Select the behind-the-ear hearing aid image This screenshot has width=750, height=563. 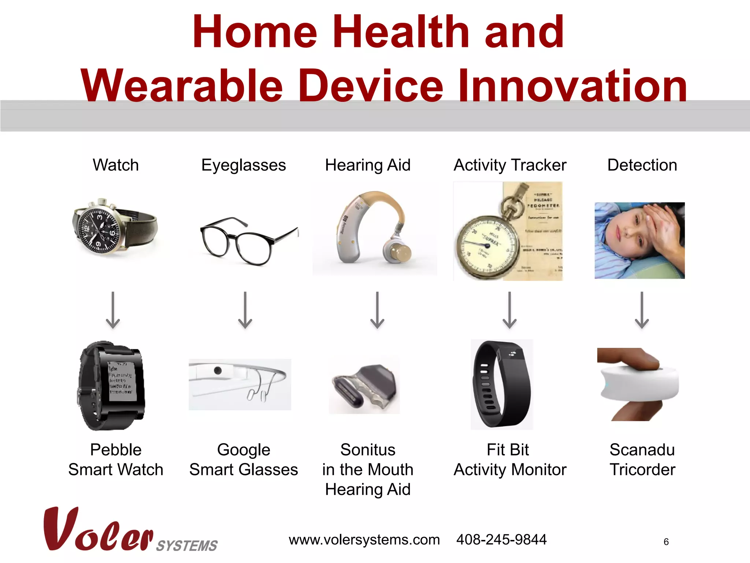click(374, 229)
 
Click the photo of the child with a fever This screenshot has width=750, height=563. click(639, 240)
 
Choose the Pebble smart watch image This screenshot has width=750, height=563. click(112, 386)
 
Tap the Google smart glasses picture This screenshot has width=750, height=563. click(240, 384)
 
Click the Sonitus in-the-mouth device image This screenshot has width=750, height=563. click(364, 385)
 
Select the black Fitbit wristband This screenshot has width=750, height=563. click(502, 384)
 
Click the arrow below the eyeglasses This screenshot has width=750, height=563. click(245, 310)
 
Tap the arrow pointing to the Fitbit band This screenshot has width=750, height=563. click(509, 310)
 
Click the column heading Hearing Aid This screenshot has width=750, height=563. click(368, 165)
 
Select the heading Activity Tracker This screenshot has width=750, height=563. click(510, 165)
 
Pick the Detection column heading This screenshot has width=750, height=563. click(642, 165)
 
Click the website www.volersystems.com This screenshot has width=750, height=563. click(364, 540)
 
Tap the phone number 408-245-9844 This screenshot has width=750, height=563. click(501, 540)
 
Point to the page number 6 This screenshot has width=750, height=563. click(666, 542)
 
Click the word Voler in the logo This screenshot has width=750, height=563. click(98, 531)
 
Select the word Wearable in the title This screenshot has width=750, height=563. click(182, 86)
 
